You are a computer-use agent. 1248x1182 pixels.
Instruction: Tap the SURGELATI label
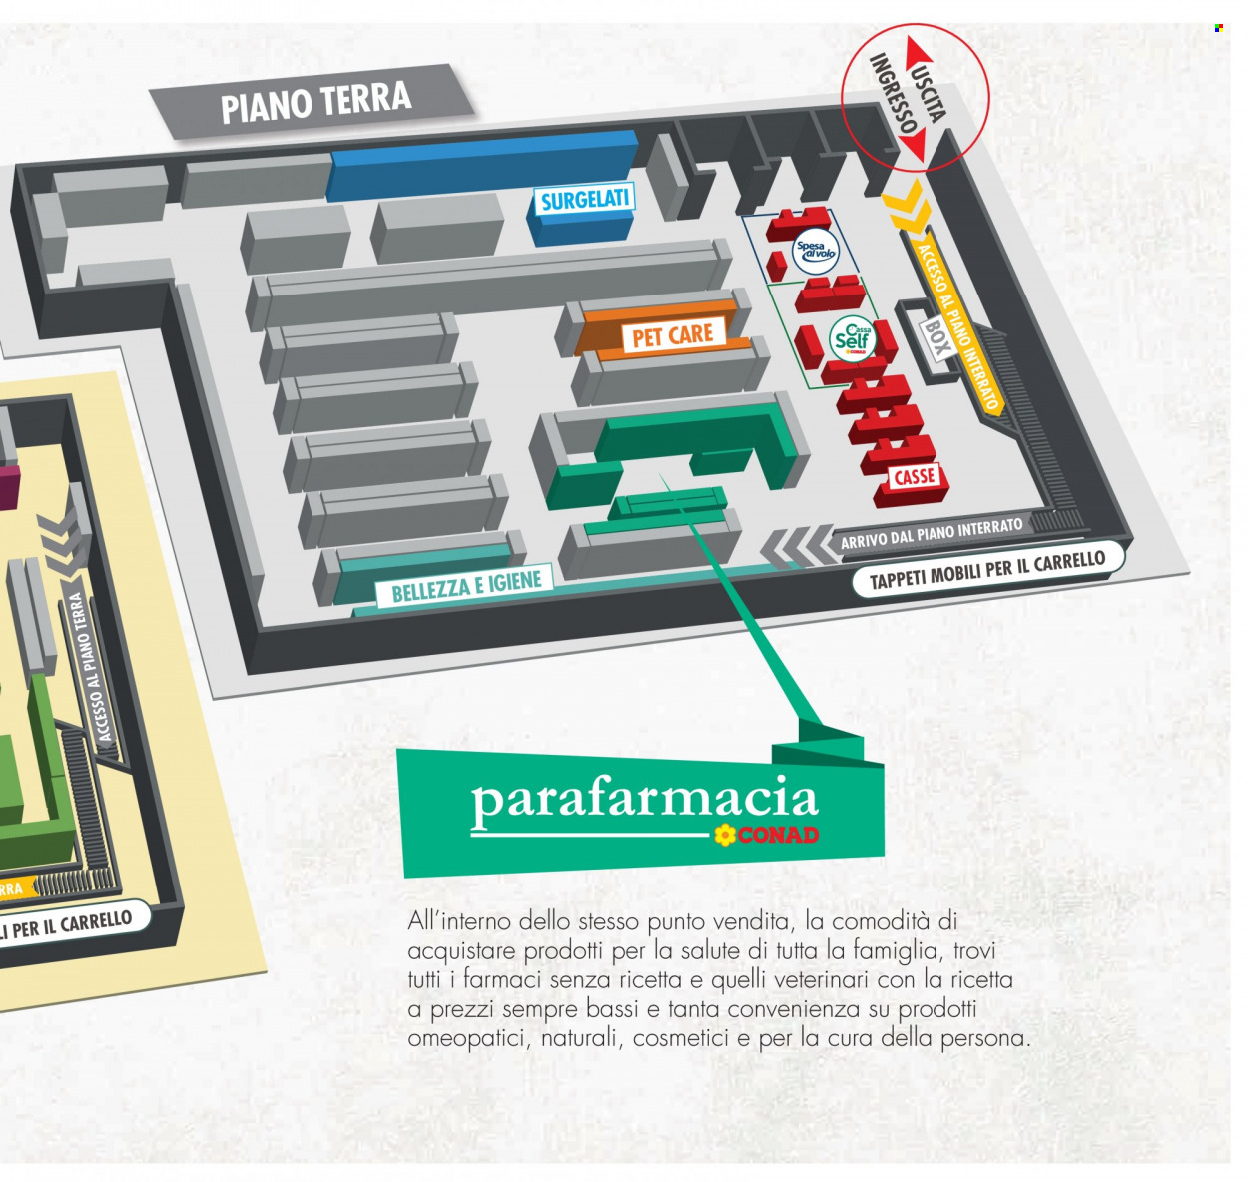click(584, 200)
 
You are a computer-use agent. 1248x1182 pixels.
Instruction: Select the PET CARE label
click(672, 335)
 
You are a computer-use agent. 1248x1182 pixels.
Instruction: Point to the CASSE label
click(914, 477)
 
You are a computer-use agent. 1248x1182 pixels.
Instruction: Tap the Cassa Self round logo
click(852, 339)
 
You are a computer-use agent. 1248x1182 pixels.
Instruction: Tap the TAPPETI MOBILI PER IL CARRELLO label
click(987, 569)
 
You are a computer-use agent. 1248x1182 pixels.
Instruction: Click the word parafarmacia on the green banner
click(644, 800)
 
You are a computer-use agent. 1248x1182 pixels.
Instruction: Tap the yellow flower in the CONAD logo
click(723, 835)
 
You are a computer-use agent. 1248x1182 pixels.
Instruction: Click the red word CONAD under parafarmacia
click(777, 835)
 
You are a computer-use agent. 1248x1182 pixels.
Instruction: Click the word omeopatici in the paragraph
click(466, 1040)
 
